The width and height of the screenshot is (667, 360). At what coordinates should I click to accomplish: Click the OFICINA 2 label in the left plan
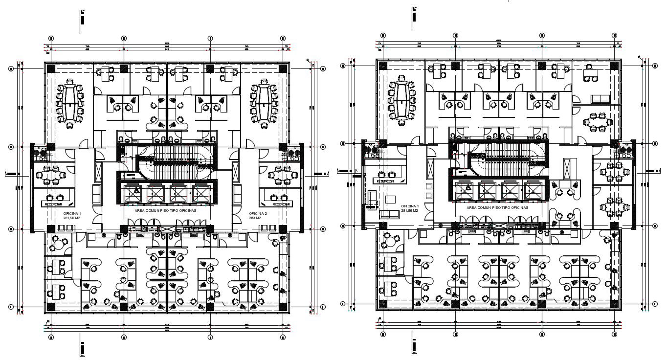tap(257, 214)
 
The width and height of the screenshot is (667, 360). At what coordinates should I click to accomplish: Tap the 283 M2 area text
tap(255, 218)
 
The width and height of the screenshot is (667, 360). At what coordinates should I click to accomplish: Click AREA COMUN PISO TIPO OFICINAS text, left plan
tap(165, 210)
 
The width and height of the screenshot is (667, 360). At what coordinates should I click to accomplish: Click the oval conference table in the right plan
tap(402, 100)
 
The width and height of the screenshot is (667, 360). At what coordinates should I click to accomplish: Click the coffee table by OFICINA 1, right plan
tap(390, 199)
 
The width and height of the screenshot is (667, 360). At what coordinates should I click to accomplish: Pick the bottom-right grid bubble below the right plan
tap(615, 335)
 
